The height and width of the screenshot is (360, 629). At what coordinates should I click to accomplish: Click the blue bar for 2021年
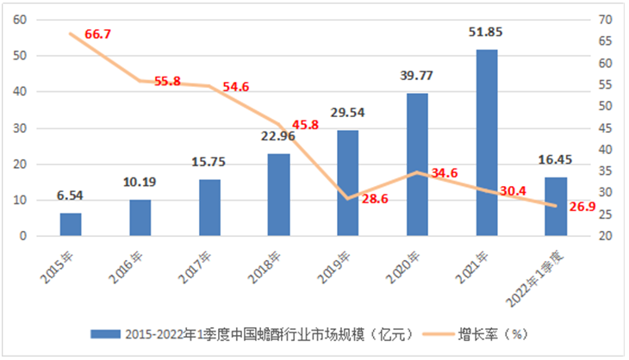487,143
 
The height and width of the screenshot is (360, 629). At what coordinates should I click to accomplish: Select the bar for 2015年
71,224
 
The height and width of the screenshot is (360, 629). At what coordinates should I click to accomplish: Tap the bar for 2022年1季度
556,207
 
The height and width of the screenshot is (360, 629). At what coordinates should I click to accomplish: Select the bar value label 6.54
71,196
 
